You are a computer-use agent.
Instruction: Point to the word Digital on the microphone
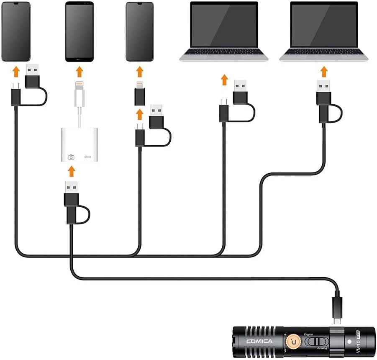point(309,334)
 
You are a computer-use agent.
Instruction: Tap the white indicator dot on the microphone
point(350,342)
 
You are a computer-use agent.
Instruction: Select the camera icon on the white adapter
point(71,157)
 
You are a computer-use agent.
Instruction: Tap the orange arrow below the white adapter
point(72,171)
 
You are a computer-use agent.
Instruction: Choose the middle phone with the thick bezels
point(79,31)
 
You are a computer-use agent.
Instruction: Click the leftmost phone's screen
point(15,31)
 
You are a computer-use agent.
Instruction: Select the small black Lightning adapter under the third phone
point(140,94)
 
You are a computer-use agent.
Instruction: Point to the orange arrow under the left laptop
point(224,79)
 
